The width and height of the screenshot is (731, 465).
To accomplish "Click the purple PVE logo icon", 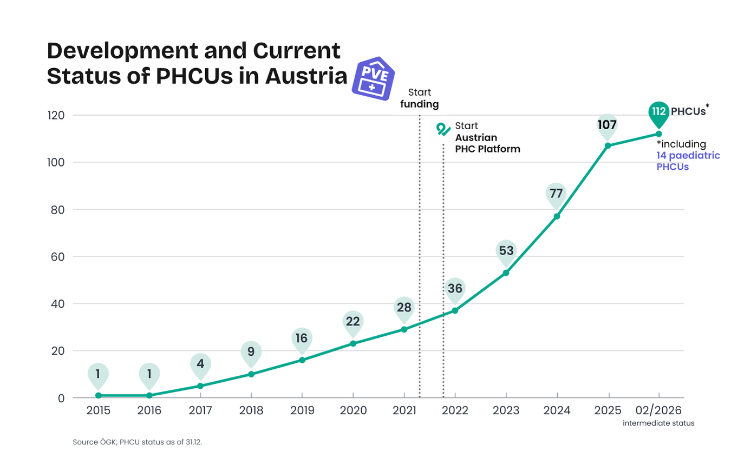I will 373,79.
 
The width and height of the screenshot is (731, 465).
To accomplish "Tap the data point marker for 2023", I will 506,273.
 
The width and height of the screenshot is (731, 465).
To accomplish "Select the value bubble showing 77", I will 557,194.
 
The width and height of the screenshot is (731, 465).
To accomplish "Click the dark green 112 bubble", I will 658,112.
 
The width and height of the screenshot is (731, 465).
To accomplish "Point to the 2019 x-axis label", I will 302,410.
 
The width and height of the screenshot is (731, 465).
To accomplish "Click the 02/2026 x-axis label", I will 658,410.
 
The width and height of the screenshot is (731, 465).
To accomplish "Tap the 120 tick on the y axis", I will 55,115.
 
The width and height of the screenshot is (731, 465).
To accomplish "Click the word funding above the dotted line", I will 419,104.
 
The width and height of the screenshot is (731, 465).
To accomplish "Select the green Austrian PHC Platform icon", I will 443,129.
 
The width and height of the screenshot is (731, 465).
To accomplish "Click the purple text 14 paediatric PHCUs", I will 688,161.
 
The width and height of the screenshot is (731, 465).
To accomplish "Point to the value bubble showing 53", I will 506,251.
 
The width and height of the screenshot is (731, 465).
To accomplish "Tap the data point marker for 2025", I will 608,146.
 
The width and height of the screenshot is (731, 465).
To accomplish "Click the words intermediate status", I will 658,423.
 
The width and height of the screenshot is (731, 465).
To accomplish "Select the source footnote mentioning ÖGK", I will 137,442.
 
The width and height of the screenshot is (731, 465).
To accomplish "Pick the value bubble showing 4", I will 200,364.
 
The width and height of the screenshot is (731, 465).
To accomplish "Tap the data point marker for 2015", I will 98,395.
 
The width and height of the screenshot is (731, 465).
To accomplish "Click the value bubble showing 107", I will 608,125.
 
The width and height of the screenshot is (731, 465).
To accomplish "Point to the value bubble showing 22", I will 353,322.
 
